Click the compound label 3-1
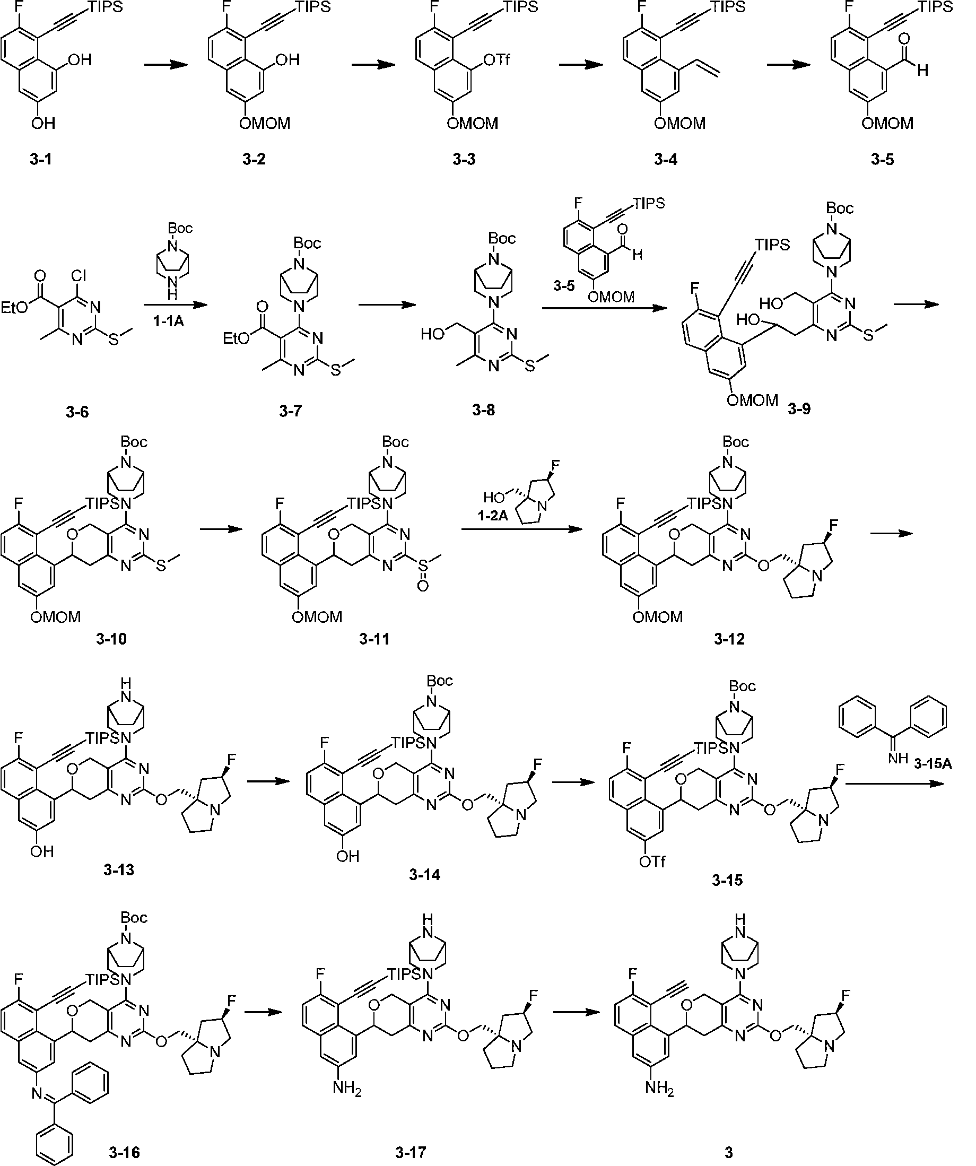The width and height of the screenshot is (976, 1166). click(x=41, y=160)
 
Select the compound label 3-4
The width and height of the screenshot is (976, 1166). click(x=666, y=160)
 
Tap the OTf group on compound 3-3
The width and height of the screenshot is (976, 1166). click(x=496, y=60)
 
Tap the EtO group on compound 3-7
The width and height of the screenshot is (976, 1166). click(x=237, y=338)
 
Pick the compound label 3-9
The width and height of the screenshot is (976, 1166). click(x=799, y=409)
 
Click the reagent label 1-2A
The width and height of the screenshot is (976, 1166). click(x=493, y=516)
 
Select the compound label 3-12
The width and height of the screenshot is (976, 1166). click(x=729, y=639)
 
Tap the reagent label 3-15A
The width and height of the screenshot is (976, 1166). click(x=933, y=764)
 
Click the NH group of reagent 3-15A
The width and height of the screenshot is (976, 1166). click(x=897, y=759)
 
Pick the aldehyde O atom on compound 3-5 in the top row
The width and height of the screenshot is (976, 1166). click(x=904, y=39)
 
